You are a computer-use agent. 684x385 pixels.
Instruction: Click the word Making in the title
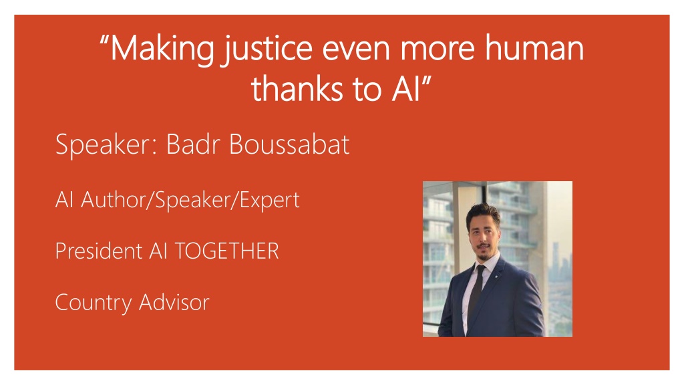[162, 49]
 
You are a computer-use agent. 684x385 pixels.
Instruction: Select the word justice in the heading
[268, 49]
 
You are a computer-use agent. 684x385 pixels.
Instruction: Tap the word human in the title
[534, 47]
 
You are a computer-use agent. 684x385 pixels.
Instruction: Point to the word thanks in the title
[297, 88]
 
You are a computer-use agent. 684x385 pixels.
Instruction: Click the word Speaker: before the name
[106, 145]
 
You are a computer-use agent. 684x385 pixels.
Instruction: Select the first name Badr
[193, 144]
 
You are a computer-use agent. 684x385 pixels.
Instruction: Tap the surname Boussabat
[289, 144]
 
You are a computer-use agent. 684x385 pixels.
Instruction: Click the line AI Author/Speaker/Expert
[177, 201]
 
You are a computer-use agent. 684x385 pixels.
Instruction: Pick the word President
[99, 251]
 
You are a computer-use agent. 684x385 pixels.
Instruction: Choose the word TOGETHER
[227, 251]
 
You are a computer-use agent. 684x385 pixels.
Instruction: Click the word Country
[93, 303]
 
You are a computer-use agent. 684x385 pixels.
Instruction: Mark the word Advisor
[174, 302]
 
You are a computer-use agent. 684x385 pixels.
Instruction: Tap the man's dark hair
[482, 213]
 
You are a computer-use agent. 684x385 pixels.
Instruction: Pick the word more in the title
[437, 49]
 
